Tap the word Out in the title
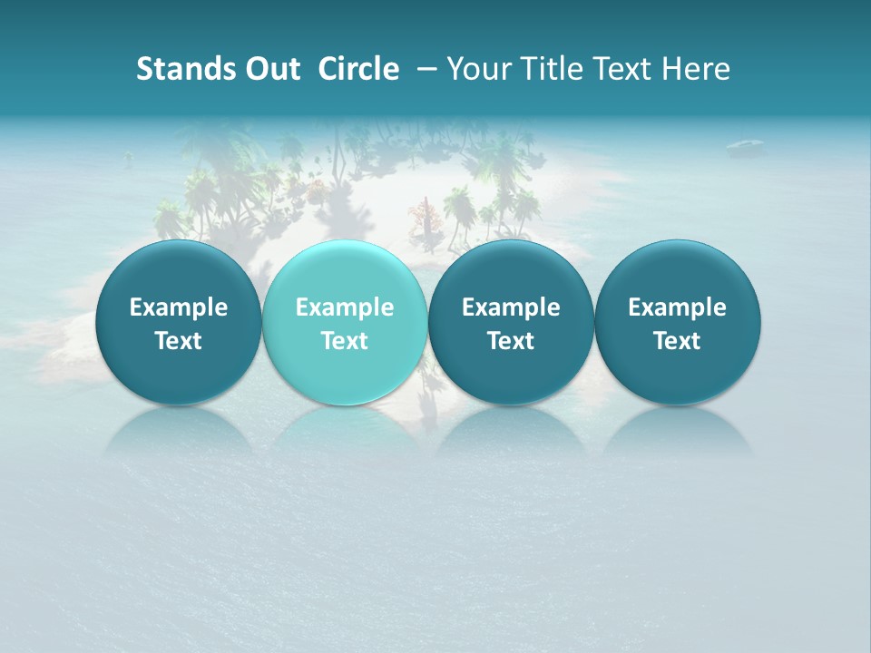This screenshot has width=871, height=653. pyautogui.click(x=269, y=69)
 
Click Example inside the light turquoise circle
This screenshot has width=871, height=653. pyautogui.click(x=345, y=307)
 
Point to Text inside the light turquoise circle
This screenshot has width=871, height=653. pyautogui.click(x=345, y=341)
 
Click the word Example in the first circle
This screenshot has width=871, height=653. pyautogui.click(x=178, y=307)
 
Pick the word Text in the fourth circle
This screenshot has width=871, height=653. pyautogui.click(x=678, y=341)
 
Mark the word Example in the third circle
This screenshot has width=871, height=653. pyautogui.click(x=511, y=307)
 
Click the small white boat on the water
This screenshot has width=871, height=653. pyautogui.click(x=745, y=144)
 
